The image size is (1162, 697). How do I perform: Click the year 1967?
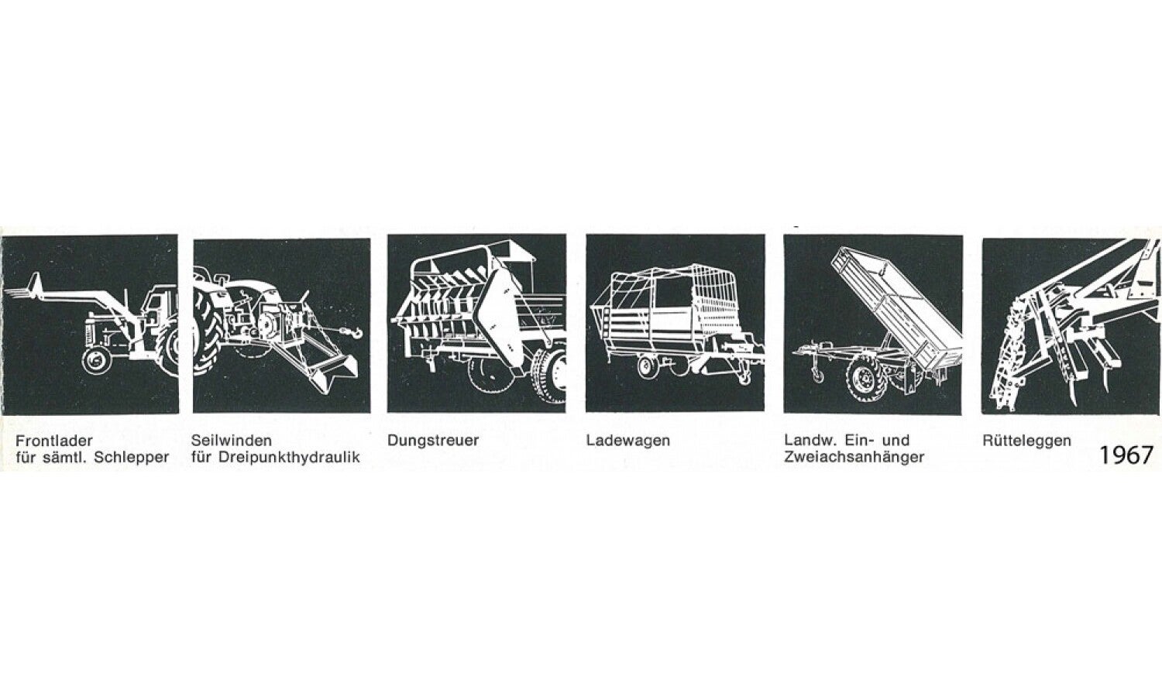[x=1126, y=455]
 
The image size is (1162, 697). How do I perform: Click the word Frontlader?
[x=54, y=441]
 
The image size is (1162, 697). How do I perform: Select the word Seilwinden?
[x=232, y=441]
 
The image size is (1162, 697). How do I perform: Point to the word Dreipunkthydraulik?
[x=289, y=458]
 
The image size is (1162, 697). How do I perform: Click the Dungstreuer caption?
[x=433, y=441]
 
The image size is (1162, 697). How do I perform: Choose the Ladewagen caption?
[x=628, y=441]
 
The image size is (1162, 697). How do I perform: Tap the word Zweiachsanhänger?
[x=854, y=458]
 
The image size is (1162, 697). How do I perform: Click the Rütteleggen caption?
[x=1026, y=441]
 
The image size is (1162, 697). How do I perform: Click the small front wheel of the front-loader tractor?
[x=97, y=360]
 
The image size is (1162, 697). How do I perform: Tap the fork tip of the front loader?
[x=6, y=293]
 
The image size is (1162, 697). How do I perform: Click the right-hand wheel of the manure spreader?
[x=550, y=375]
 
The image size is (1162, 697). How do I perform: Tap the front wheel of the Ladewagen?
[x=648, y=366]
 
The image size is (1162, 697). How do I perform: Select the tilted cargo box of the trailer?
[x=896, y=306]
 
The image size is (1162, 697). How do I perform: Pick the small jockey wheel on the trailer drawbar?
[x=817, y=374]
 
